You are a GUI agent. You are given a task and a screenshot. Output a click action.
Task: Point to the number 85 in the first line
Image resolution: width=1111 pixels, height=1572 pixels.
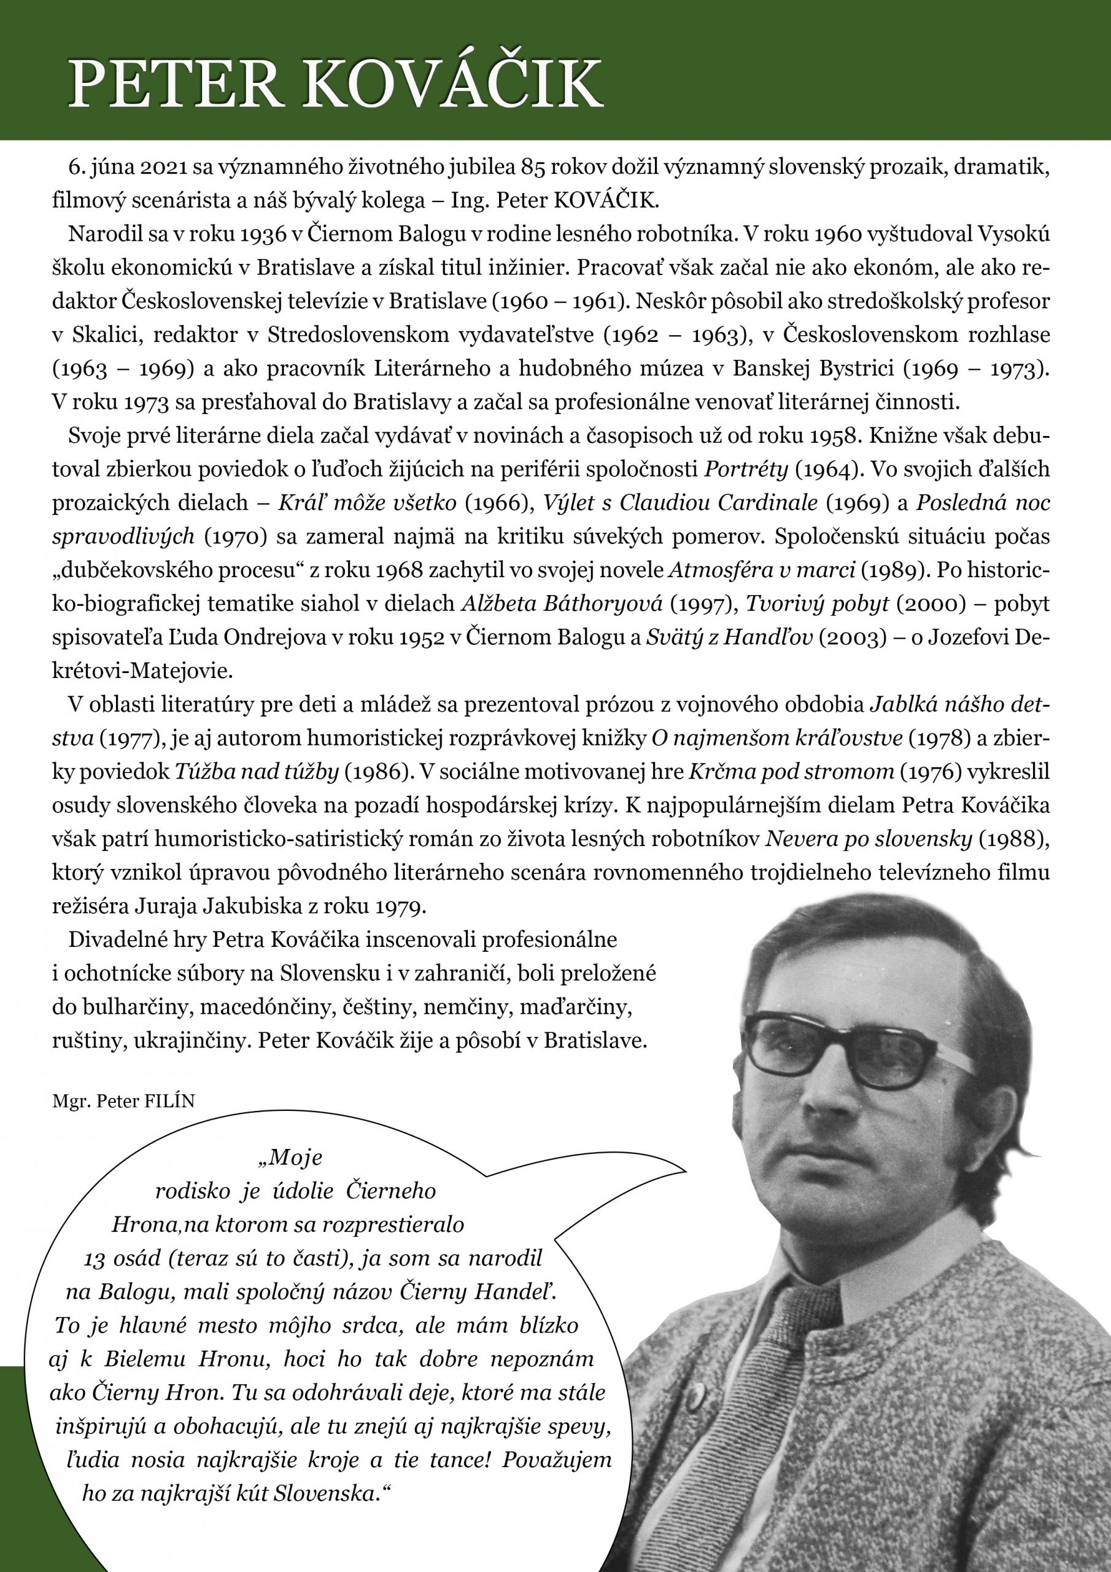[x=535, y=167]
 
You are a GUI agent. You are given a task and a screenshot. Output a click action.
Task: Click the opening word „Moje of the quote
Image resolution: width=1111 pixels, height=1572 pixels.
[x=290, y=1157]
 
